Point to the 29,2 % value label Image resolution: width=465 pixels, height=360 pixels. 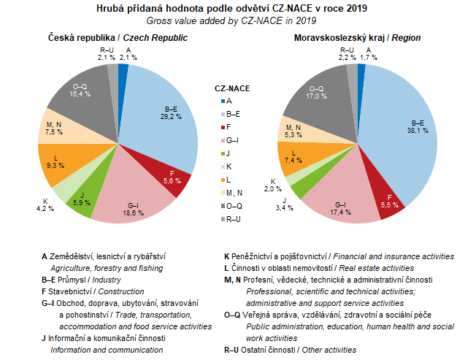tap(171, 115)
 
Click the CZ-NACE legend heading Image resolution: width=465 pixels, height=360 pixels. tap(232, 88)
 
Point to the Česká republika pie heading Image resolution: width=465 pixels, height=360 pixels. tap(118, 37)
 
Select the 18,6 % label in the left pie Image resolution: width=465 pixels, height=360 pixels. tap(132, 211)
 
